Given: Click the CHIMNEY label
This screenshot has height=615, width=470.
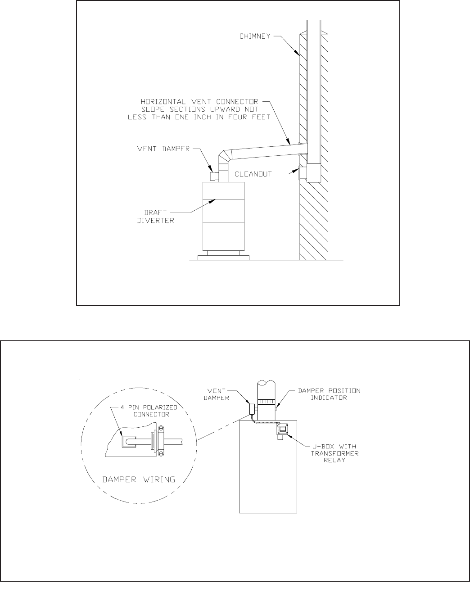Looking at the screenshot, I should coord(254,36).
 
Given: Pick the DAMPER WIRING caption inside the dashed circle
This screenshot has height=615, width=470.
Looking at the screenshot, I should coord(139,479).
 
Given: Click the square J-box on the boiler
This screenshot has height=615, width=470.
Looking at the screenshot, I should coord(282,429).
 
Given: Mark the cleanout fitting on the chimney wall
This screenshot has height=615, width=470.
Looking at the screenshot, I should coord(300,172).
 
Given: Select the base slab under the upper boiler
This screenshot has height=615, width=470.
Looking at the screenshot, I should coord(223,258).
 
